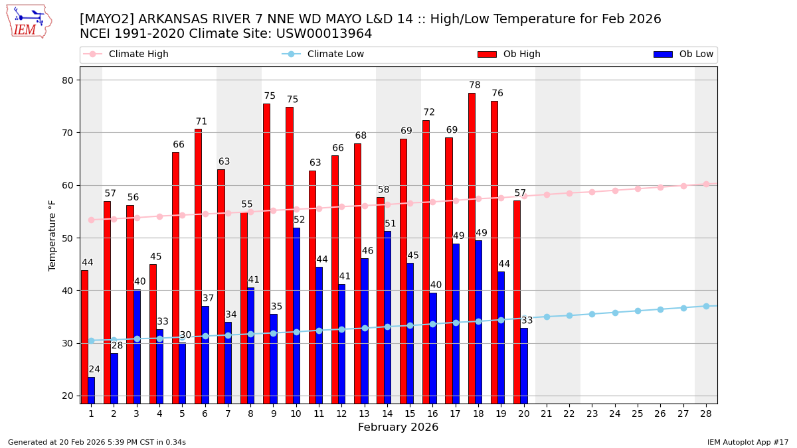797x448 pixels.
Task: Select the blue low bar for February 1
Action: tap(91, 390)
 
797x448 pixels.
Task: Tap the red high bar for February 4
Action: tap(153, 333)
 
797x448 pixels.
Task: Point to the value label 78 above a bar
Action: tap(474, 86)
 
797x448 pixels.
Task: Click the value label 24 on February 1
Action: tap(94, 370)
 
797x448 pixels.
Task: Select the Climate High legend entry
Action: tap(138, 54)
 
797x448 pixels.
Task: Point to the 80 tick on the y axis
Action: tap(68, 80)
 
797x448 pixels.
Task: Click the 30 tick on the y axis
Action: tap(68, 343)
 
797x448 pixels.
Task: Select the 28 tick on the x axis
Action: tap(706, 413)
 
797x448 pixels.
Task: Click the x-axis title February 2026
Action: tap(398, 427)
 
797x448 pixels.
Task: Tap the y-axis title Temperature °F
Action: tap(52, 235)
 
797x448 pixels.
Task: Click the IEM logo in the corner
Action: tap(29, 21)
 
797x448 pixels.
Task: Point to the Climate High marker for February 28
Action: tap(706, 185)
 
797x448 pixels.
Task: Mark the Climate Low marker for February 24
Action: tap(615, 313)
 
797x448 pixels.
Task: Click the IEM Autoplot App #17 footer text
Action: tap(747, 442)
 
